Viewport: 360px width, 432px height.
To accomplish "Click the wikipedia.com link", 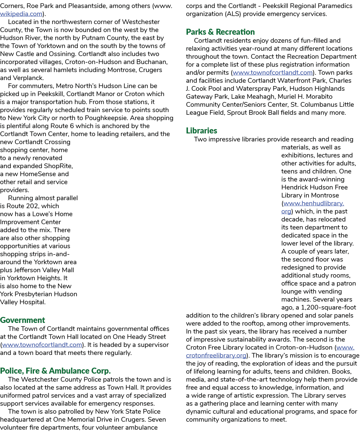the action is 21,14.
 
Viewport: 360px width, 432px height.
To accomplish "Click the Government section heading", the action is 22,320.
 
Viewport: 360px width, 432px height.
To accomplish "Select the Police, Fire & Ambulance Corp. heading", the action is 55,371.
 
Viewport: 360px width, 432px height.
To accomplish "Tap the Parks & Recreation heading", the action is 220,32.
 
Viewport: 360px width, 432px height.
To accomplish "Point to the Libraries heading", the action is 201,130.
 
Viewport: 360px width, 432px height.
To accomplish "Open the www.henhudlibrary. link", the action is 313,203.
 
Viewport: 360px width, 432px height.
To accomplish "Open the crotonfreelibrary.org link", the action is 216,355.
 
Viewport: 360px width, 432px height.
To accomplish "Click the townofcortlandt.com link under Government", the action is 42,345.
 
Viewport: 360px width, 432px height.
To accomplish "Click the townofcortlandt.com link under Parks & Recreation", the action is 273,72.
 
